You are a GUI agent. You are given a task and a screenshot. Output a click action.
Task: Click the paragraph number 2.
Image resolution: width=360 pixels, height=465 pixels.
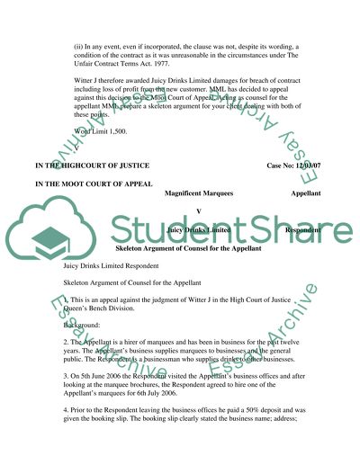pos(66,346)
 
